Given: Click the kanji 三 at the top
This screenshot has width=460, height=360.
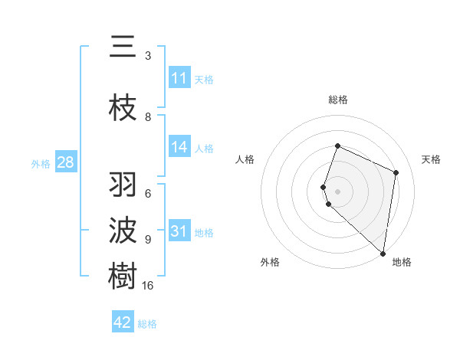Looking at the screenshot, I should click(123, 47).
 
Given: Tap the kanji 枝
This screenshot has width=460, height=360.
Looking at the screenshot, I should click(123, 108).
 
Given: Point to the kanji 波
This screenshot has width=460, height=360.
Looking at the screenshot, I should click(123, 230).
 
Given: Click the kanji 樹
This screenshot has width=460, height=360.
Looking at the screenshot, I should click(123, 276).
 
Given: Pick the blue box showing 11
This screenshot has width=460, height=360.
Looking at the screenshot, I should click(179, 78).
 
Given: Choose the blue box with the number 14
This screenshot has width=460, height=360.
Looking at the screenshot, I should click(179, 148).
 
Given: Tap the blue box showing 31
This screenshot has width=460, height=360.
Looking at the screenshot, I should click(179, 232).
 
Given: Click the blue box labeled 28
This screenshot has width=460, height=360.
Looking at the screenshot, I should click(65, 162).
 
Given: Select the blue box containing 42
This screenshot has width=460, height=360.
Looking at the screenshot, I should click(123, 322).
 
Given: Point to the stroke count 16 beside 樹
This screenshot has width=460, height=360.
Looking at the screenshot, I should click(148, 286).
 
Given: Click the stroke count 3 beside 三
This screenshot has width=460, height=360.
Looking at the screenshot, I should click(148, 56).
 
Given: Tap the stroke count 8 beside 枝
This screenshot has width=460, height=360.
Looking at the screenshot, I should click(148, 117).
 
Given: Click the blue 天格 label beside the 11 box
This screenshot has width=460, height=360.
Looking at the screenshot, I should click(204, 79).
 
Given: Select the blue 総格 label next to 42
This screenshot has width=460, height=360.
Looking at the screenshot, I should click(147, 323).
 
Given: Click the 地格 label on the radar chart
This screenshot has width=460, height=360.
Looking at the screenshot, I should click(402, 262).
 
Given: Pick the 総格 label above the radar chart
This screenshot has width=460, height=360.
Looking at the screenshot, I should click(337, 100).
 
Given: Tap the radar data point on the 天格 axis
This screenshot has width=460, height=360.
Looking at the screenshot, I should click(396, 172).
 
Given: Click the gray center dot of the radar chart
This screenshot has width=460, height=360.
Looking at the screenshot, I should click(337, 191).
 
